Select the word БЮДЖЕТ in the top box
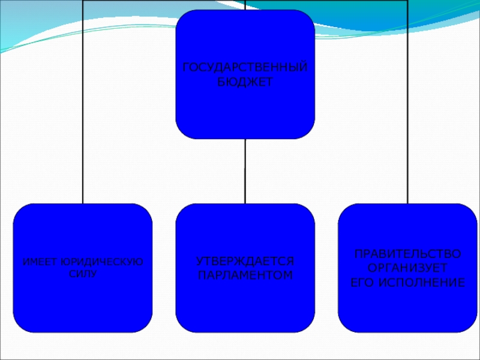tap(245, 81)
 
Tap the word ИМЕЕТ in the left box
tap(37, 262)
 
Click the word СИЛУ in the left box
tap(83, 273)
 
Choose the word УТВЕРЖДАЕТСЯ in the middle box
tap(245, 262)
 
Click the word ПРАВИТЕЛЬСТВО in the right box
tap(407, 254)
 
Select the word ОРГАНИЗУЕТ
tap(407, 268)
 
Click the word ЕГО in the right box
tap(363, 281)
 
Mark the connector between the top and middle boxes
tap(245, 171)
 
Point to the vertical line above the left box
tap(83, 120)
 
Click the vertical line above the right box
tap(407, 120)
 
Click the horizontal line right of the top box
tap(360, 1)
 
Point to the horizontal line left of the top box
tap(129, 1)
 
